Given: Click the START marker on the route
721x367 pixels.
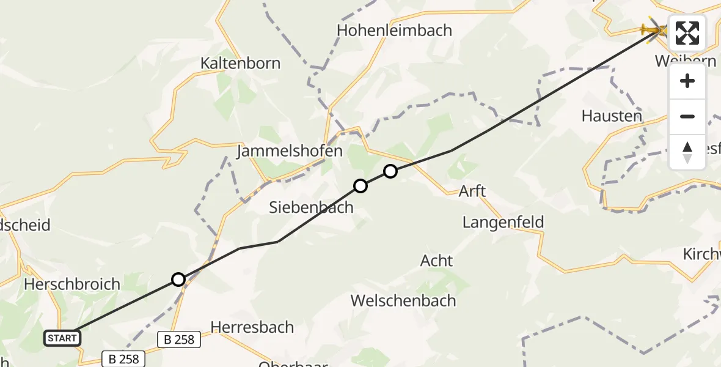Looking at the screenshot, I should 62,338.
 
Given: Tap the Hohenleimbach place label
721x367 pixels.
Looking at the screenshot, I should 395,30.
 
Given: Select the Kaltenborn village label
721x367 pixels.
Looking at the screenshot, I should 241,63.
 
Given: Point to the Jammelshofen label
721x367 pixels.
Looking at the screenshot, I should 290,151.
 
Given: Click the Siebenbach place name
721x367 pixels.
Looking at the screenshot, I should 311,207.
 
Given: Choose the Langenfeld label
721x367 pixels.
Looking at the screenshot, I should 503,222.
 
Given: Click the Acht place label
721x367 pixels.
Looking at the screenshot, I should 436,261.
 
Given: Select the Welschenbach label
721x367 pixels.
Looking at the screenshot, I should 403,301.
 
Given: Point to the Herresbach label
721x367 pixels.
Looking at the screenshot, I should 252,327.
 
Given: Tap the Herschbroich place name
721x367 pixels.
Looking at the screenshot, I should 71,284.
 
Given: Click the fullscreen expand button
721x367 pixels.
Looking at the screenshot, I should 687,33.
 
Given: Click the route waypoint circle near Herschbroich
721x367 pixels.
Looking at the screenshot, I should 178,280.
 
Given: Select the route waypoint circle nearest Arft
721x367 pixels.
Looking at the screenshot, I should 390,171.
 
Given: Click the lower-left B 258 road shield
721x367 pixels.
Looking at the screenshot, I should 124,359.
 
